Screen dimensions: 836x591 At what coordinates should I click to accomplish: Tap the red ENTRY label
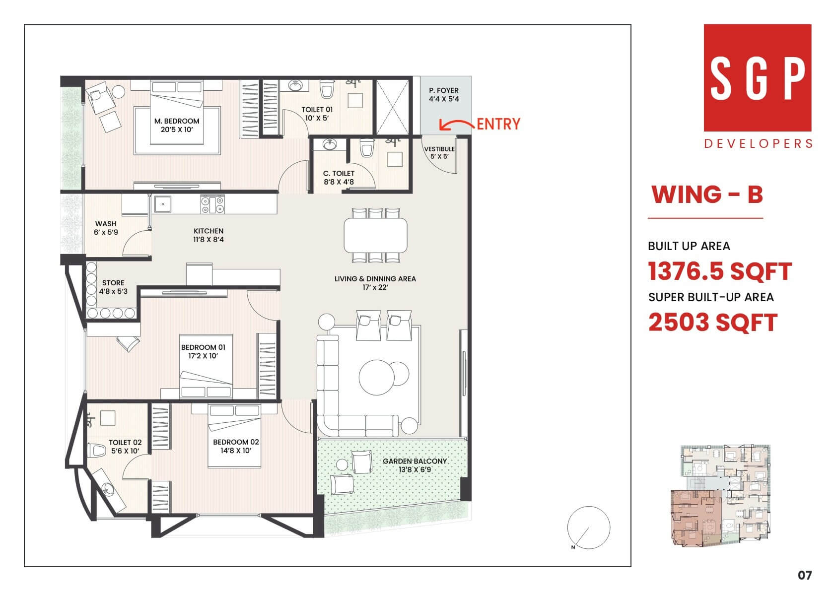498,124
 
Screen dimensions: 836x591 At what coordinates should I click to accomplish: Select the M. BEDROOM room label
177,126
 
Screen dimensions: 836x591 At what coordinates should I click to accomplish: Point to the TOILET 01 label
317,114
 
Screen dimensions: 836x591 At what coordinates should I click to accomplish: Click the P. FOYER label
444,95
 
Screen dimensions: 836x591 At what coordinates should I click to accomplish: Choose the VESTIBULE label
439,153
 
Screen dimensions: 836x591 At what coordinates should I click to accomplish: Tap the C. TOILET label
339,178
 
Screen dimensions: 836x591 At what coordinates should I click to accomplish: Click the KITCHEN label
208,235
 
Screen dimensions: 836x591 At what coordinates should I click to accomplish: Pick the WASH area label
106,228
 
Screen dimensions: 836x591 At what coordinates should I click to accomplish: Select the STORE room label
113,287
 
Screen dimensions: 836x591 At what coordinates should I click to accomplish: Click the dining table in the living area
375,235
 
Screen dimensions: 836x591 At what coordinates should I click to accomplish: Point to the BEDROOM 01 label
203,351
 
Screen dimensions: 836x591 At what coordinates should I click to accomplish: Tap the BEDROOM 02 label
236,446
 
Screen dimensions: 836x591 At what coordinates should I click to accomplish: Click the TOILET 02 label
125,447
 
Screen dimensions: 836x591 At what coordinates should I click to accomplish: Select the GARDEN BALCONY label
415,465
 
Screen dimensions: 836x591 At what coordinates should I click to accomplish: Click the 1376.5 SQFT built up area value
719,271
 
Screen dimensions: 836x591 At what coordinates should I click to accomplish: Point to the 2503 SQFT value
713,323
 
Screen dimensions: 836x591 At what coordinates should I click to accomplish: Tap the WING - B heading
707,195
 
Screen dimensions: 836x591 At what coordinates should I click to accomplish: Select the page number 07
805,575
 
